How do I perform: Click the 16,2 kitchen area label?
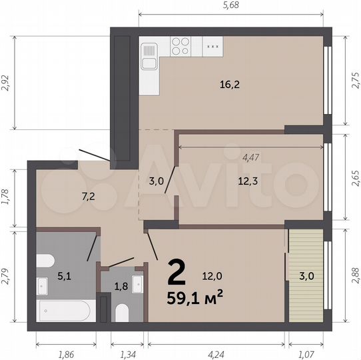230,85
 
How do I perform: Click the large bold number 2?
176,271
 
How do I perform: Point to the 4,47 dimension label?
251,158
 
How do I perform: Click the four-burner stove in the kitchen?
180,45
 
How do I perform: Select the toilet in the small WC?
121,312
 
